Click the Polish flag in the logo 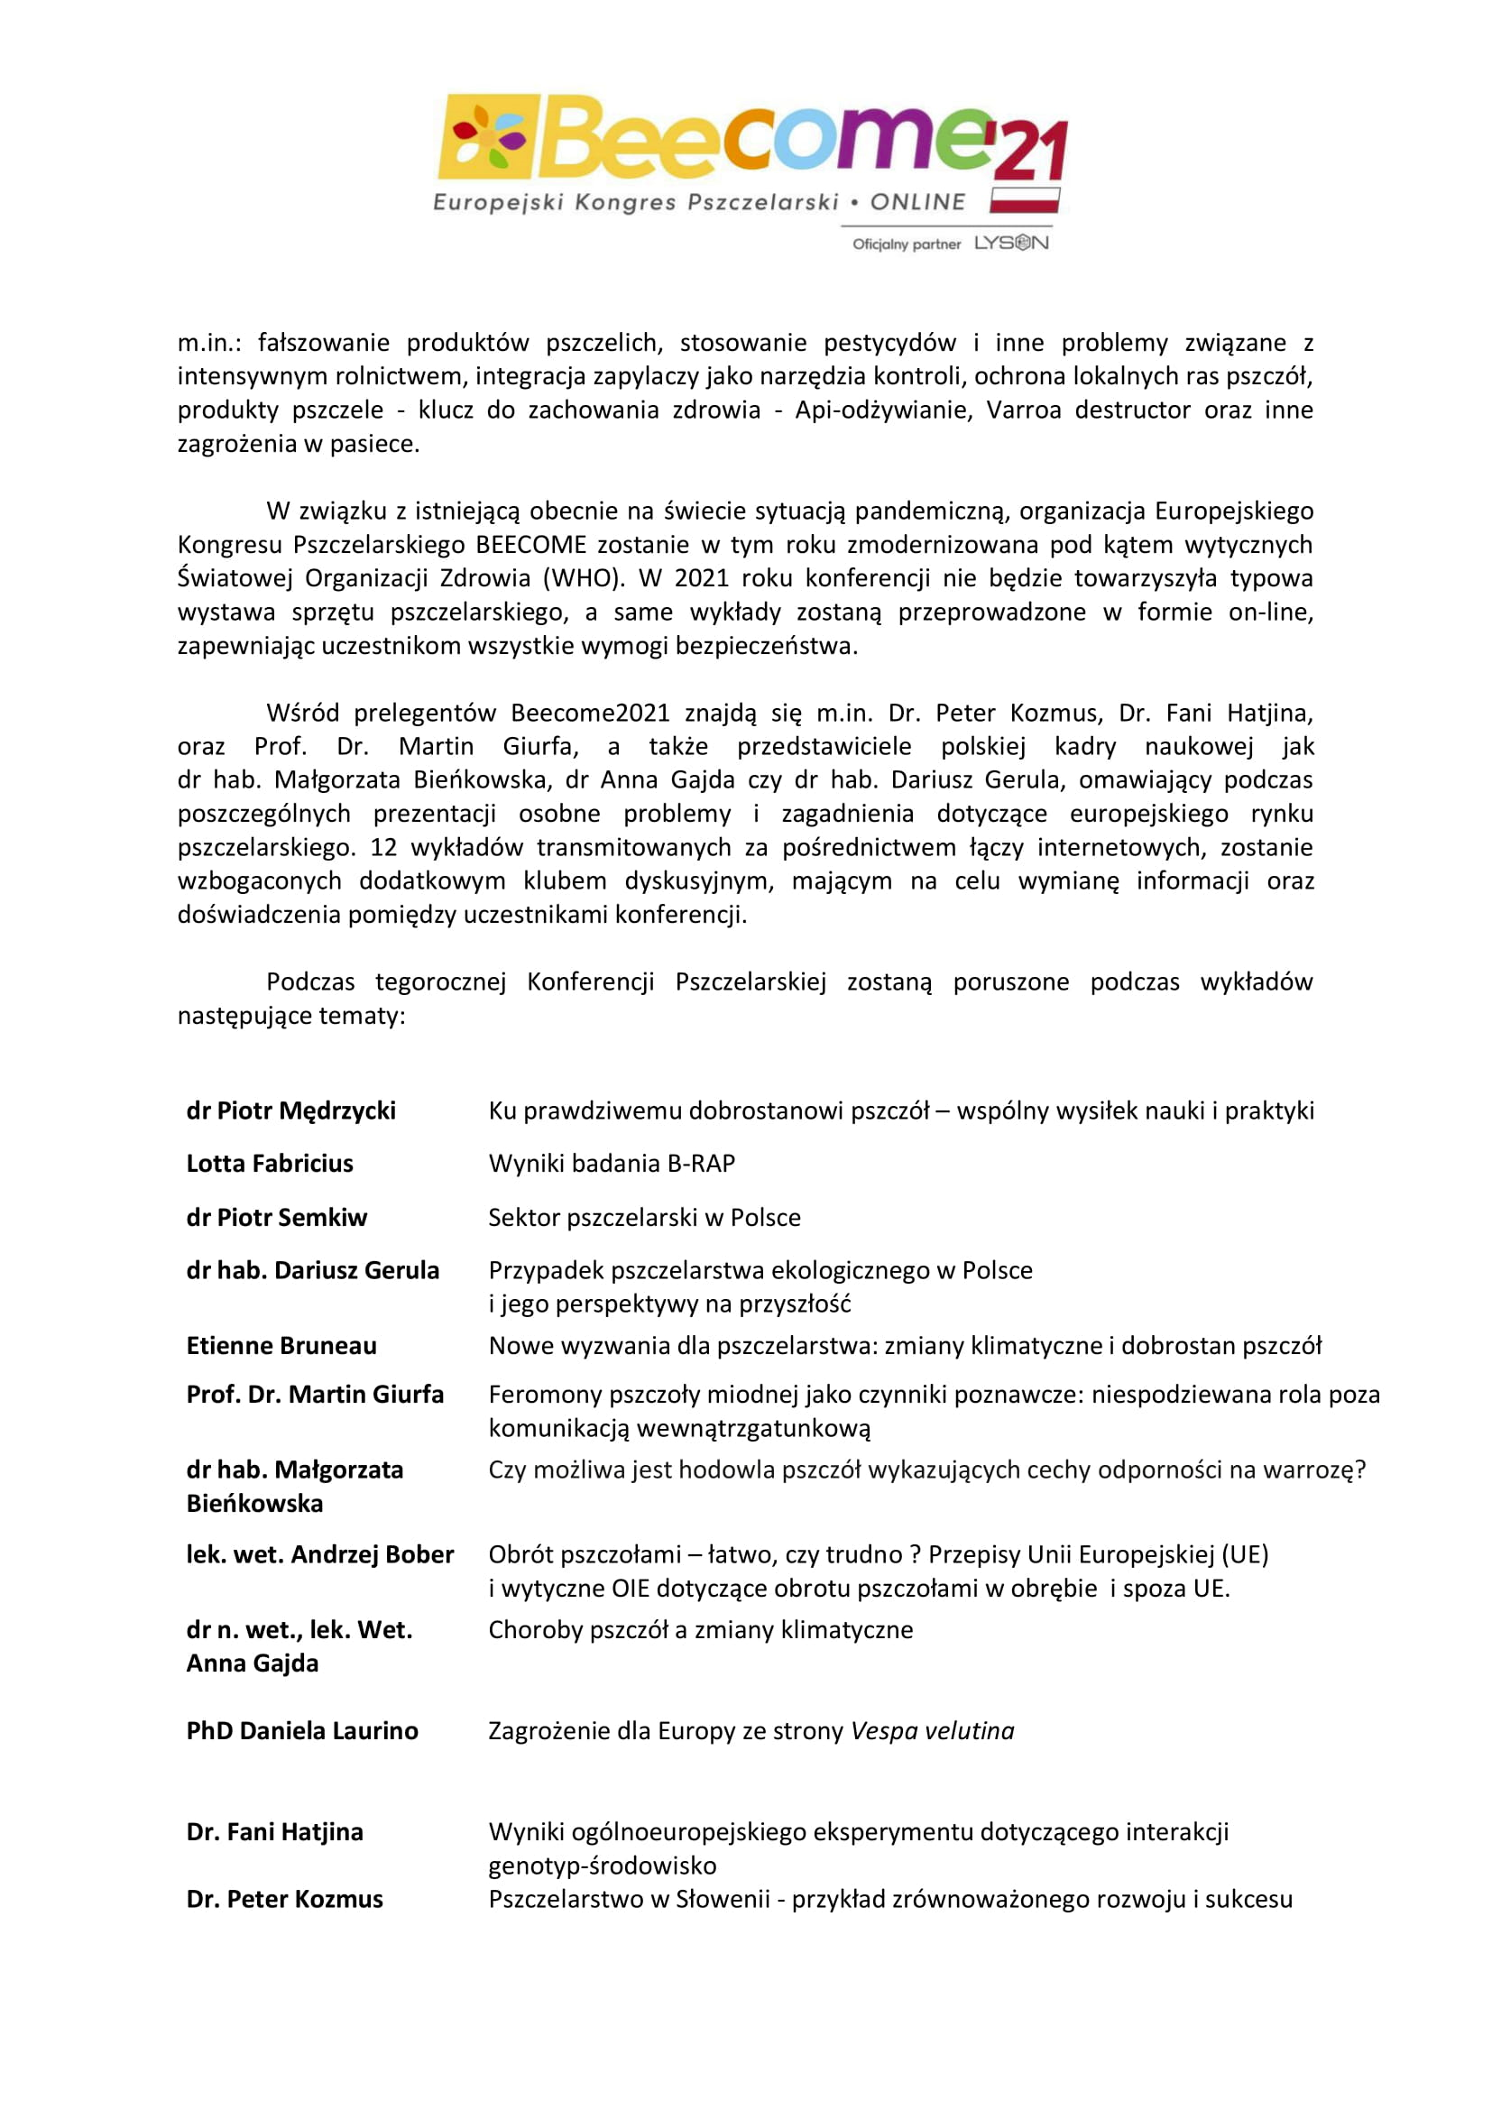coord(1024,200)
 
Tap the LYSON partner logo coord(1010,243)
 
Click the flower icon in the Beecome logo coord(486,137)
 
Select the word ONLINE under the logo coord(917,202)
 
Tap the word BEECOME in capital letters coord(530,544)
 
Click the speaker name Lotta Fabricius coord(269,1164)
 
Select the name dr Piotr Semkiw coord(277,1217)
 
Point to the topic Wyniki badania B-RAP coord(611,1164)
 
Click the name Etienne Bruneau coord(281,1345)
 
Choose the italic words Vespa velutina coord(932,1730)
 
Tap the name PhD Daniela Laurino coord(301,1730)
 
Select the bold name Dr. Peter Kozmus coord(284,1899)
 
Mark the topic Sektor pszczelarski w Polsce coord(644,1217)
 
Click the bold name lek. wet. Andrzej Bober coord(319,1554)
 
